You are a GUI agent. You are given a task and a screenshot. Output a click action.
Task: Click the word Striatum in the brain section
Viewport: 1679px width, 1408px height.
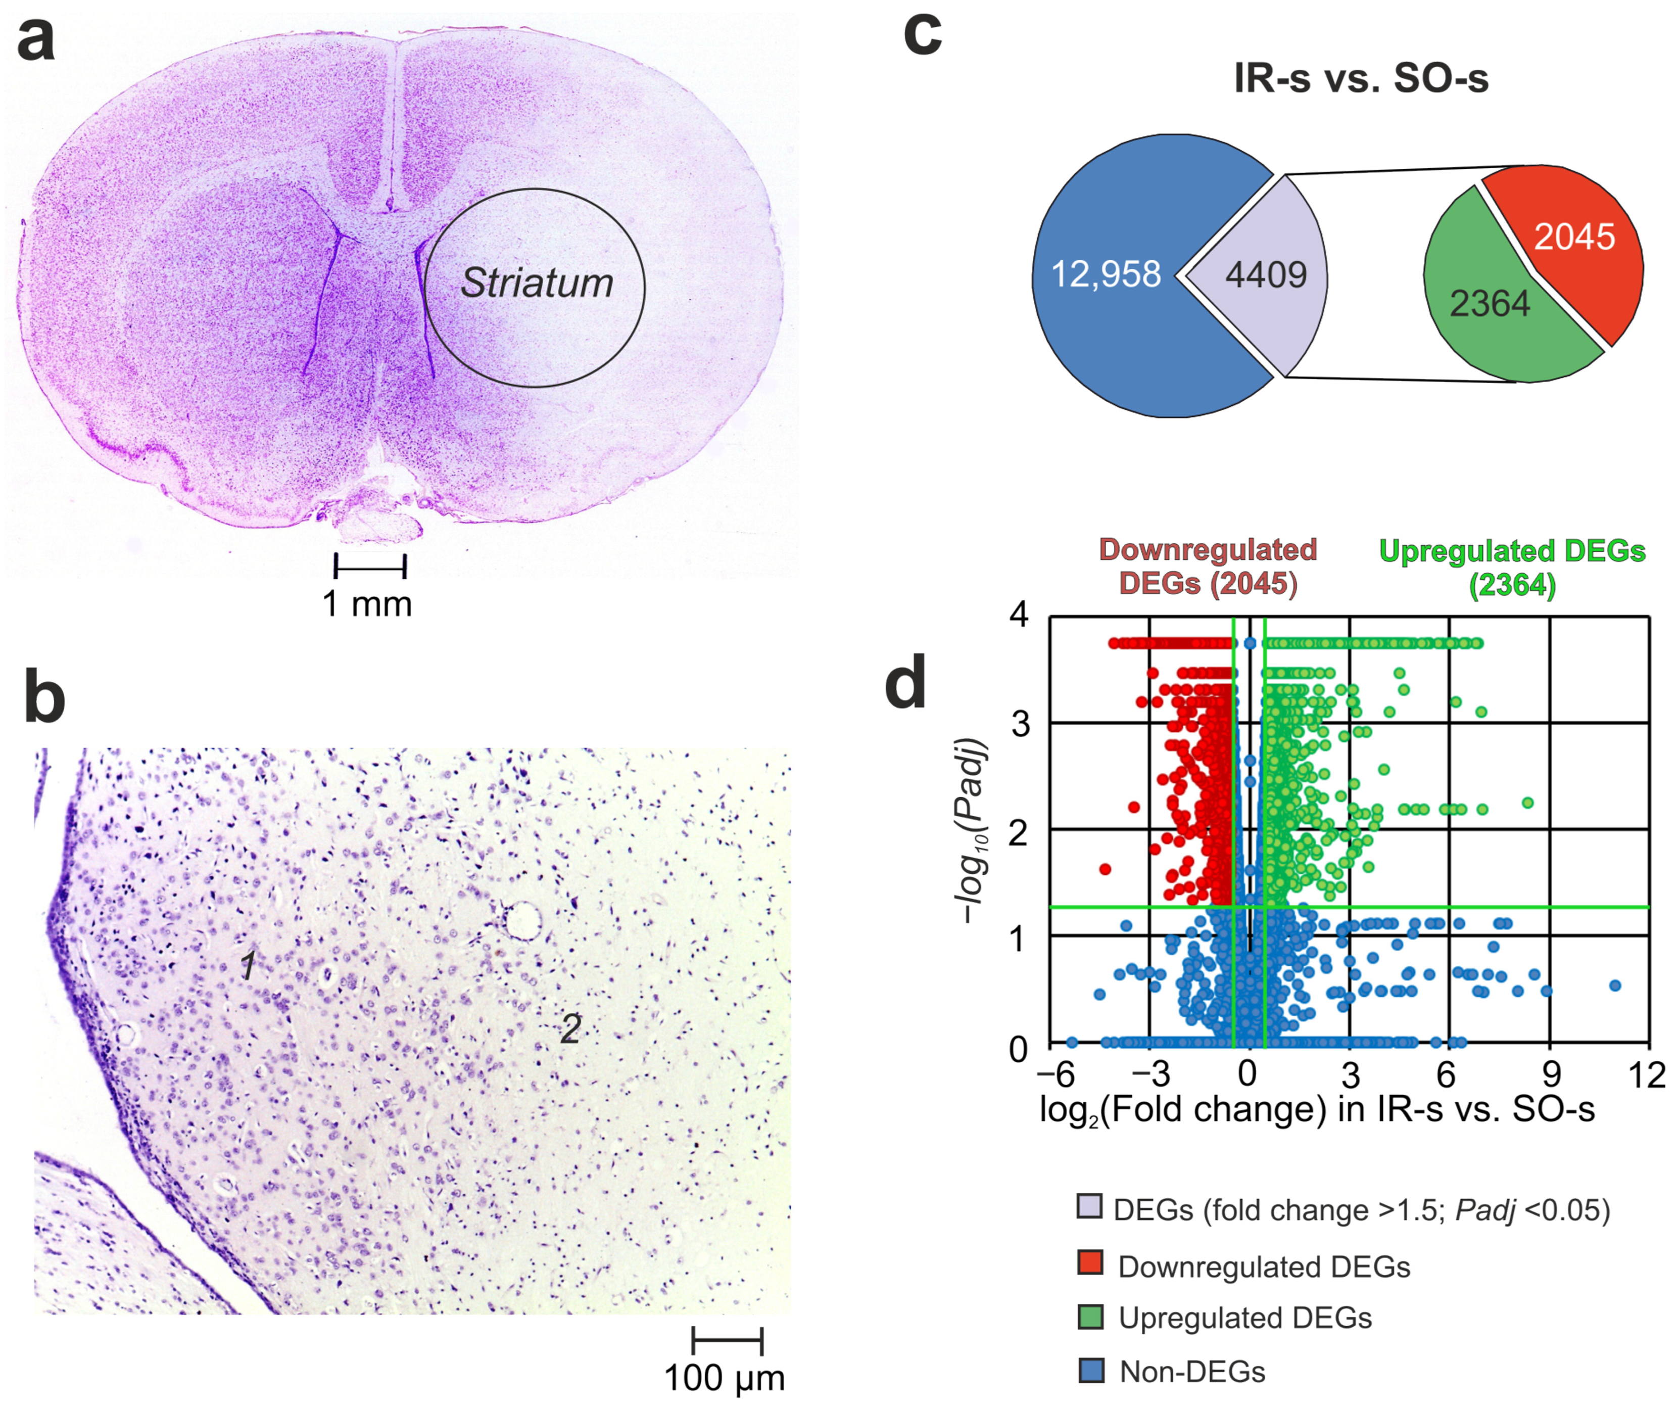537,283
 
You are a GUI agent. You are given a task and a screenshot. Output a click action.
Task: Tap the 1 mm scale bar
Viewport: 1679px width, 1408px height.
370,566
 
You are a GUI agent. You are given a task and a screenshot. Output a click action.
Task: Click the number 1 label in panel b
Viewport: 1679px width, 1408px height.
249,965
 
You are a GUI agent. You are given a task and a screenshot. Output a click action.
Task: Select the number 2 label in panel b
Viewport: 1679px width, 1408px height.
570,1028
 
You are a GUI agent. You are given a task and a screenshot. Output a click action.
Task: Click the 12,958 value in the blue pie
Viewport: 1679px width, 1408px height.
1105,275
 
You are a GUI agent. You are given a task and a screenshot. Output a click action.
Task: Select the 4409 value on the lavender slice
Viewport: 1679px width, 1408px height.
1266,275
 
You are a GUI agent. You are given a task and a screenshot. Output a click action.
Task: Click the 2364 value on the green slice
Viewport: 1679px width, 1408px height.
1490,304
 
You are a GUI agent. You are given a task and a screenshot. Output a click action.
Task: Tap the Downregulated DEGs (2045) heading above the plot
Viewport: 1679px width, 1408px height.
1207,566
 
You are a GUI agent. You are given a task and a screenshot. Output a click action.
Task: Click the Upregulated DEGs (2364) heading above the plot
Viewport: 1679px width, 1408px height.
1512,568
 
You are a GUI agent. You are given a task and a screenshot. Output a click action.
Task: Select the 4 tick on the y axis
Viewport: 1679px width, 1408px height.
1019,615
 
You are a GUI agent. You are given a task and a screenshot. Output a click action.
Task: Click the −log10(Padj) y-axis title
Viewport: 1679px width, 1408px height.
972,831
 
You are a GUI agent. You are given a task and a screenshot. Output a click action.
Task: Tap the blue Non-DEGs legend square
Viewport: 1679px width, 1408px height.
1091,1371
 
